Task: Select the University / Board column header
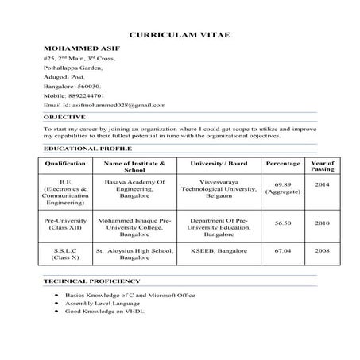219,162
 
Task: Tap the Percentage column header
283,162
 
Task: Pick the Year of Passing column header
322,165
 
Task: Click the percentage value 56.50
283,224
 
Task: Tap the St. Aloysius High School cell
134,254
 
